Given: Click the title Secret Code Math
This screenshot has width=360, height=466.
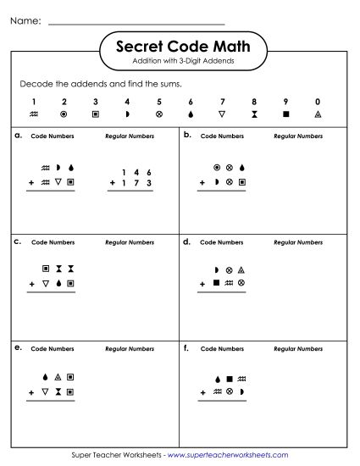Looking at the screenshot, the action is point(180,47).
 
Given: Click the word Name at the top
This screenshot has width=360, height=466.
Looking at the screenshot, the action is point(25,21).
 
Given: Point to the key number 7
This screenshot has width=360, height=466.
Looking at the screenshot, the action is point(222,102).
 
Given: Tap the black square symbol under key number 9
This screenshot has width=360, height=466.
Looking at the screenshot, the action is point(285,114).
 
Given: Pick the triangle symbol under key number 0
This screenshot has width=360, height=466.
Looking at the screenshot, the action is point(317,114).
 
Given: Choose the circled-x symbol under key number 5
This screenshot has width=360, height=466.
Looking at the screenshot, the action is point(159,114).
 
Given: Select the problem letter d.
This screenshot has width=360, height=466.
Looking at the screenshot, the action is point(186,241).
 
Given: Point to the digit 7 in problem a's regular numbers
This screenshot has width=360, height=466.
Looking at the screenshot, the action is point(136,183).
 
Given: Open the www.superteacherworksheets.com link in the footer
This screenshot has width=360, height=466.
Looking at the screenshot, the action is point(229,455).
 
